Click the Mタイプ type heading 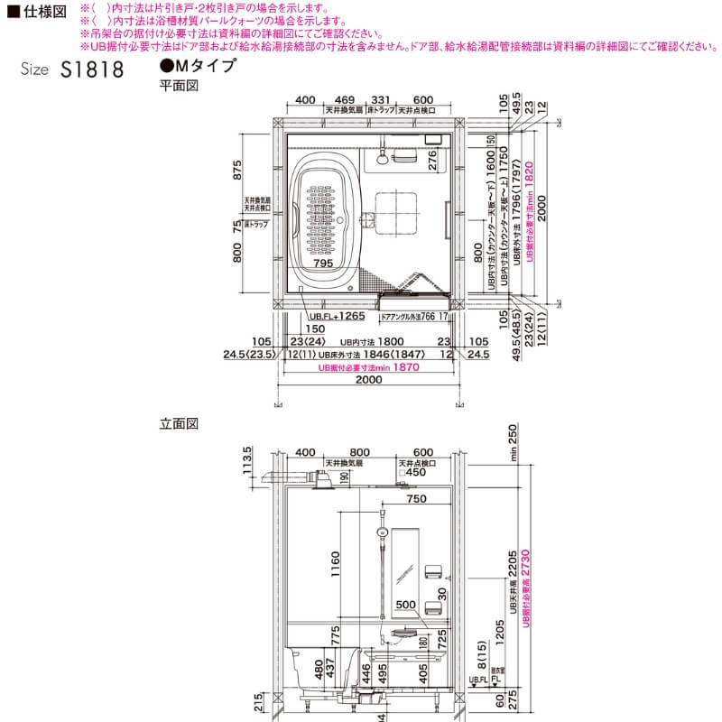click(x=198, y=66)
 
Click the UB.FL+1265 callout click(x=336, y=317)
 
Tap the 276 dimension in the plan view click(x=434, y=161)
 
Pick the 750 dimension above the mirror click(x=416, y=499)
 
